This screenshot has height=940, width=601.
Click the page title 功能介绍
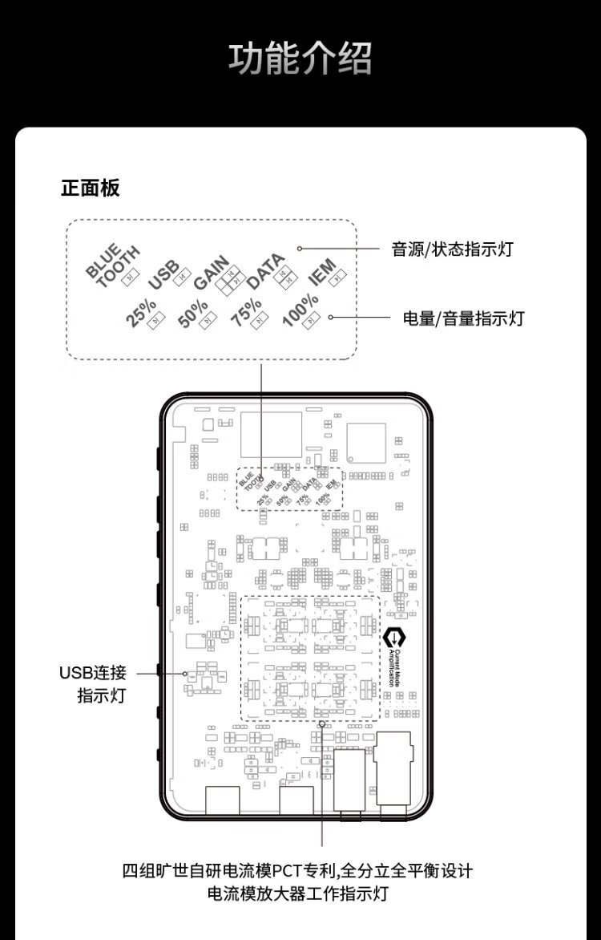(x=300, y=59)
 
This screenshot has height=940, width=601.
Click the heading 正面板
(x=91, y=188)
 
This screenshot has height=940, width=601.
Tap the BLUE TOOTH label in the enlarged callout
(x=112, y=262)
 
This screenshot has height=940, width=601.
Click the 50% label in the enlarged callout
(x=192, y=314)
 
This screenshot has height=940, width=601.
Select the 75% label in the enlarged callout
(x=245, y=312)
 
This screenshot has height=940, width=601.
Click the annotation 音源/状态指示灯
(x=452, y=249)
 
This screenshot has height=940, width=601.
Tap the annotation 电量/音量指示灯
(x=463, y=318)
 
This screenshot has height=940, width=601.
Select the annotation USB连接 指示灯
(x=93, y=683)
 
